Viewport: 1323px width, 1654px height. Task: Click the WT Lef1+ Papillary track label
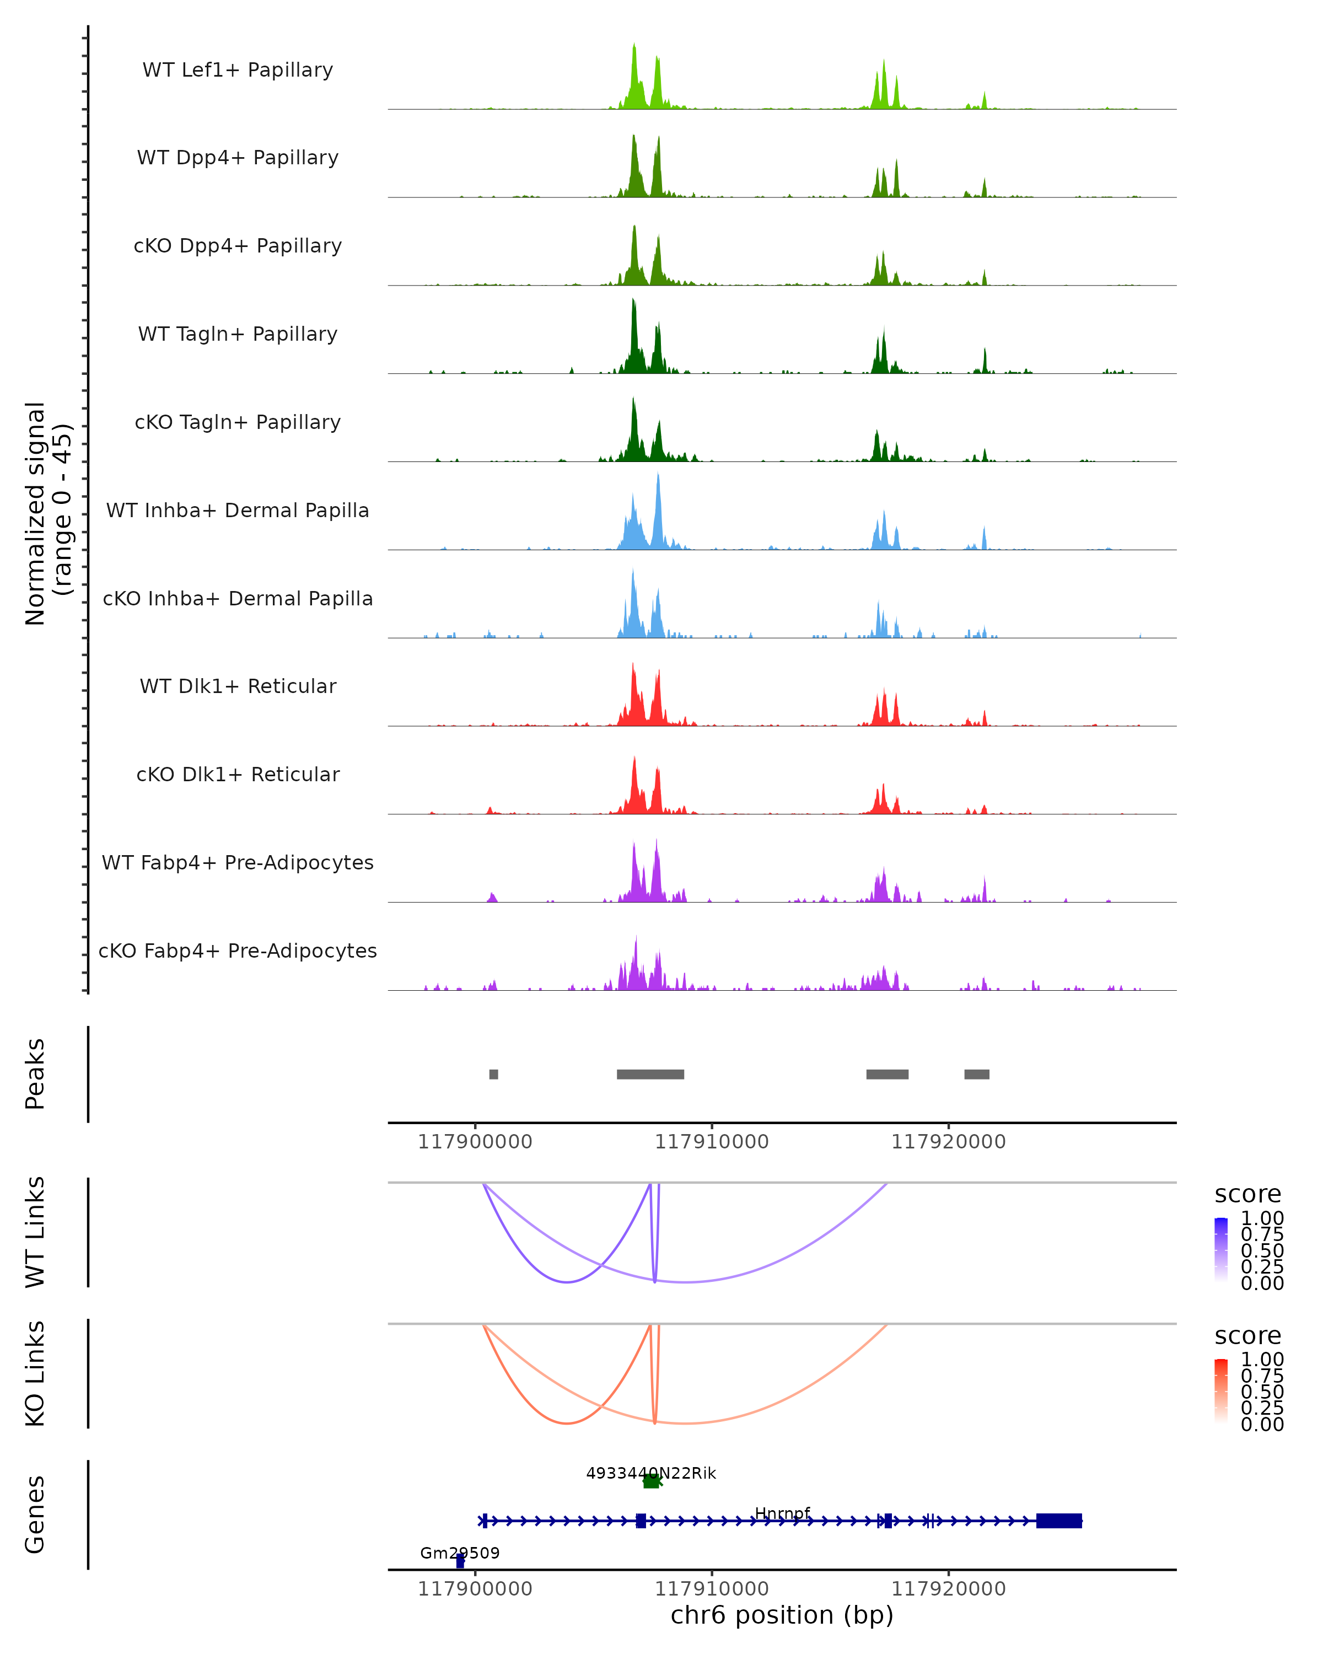238,70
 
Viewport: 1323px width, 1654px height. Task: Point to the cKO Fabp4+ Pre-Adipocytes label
238,950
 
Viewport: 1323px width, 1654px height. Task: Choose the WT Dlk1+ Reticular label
238,686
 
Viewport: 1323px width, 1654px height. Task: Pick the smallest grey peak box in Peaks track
494,1074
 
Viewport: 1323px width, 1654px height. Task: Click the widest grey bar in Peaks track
650,1074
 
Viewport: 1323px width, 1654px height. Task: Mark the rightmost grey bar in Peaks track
976,1074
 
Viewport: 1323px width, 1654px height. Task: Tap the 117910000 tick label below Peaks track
712,1142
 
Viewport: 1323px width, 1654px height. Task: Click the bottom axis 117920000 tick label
949,1589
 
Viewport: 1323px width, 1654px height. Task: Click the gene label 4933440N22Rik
650,1473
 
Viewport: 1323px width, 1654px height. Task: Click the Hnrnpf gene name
782,1513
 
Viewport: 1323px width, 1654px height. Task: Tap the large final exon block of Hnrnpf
1059,1521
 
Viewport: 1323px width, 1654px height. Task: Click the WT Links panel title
35,1232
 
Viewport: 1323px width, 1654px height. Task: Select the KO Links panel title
35,1373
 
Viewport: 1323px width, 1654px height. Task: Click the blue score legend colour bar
1221,1249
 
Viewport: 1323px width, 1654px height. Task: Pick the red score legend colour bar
1221,1390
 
